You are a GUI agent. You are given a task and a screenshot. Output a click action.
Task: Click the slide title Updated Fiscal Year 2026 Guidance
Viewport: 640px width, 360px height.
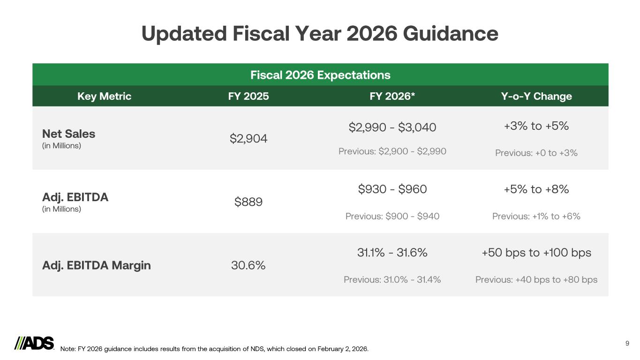(320, 34)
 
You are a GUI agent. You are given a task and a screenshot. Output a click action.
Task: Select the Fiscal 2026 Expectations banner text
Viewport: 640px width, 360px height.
(320, 75)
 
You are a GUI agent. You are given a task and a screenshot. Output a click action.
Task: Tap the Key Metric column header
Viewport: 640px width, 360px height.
(104, 96)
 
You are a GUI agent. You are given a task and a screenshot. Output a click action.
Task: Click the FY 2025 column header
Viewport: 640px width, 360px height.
(248, 96)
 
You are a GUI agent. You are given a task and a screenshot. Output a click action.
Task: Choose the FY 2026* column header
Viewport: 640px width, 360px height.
(392, 96)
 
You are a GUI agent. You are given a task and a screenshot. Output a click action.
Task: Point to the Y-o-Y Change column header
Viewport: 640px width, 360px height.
(536, 96)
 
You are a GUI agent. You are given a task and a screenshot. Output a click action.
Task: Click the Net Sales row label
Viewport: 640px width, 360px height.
(68, 134)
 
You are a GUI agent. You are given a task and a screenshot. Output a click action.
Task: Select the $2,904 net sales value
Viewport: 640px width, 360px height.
(248, 138)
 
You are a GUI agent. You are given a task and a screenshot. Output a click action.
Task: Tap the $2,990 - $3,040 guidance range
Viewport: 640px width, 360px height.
(392, 127)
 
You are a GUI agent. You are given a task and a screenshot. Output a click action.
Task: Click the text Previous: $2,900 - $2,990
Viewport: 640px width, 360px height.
(392, 151)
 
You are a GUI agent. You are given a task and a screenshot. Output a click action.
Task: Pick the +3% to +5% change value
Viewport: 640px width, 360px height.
(536, 126)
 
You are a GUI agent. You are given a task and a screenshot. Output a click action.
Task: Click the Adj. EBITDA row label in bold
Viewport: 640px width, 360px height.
(75, 197)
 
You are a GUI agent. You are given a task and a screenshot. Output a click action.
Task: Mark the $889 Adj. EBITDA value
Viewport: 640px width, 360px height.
(248, 202)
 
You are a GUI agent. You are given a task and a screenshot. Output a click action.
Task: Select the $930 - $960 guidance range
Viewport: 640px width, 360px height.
(392, 189)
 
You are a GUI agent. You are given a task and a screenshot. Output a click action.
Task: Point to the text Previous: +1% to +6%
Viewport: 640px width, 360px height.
(536, 216)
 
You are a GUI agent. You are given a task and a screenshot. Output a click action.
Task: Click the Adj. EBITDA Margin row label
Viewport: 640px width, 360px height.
(97, 265)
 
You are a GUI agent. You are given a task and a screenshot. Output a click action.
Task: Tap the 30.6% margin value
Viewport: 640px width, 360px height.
(248, 265)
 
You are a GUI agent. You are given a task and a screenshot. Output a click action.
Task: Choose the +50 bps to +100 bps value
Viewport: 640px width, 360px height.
(536, 253)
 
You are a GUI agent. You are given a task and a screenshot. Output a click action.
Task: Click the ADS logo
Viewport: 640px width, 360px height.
(35, 343)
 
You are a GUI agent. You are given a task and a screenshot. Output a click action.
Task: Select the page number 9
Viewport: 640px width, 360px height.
(627, 344)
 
